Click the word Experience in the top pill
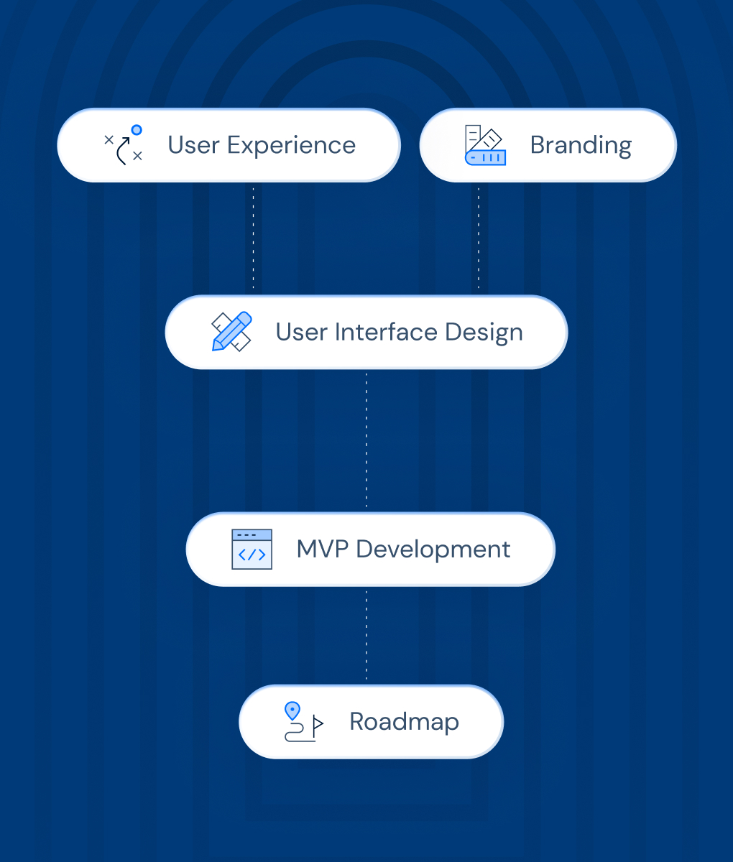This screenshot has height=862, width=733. pyautogui.click(x=291, y=146)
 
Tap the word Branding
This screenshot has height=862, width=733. pyautogui.click(x=581, y=145)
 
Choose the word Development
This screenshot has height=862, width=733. pyautogui.click(x=433, y=550)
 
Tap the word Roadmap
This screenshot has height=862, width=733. pyautogui.click(x=404, y=722)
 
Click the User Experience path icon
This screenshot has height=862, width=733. pyautogui.click(x=124, y=145)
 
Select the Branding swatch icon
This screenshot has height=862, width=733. pyautogui.click(x=485, y=145)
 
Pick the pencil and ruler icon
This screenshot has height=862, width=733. pyautogui.click(x=231, y=331)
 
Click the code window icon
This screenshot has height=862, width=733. pyautogui.click(x=252, y=550)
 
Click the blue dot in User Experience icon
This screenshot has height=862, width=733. pyautogui.click(x=137, y=130)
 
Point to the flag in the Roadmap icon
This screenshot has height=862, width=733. pyautogui.click(x=318, y=723)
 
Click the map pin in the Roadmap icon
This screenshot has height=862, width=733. pyautogui.click(x=292, y=710)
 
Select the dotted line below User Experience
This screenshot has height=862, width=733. pyautogui.click(x=253, y=237)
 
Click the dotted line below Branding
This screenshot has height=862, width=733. pyautogui.click(x=479, y=237)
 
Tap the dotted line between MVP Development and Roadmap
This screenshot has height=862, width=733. pyautogui.click(x=366, y=635)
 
